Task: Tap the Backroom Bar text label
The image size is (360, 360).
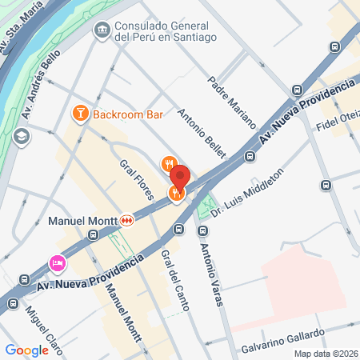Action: [128, 114]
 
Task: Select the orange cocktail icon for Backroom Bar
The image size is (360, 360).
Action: [80, 114]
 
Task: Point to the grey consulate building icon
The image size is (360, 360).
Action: [102, 31]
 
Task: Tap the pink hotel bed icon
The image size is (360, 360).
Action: [58, 262]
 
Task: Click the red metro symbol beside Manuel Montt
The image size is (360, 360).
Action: [127, 220]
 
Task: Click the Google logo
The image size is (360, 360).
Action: [26, 350]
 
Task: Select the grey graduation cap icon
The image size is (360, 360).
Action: [22, 136]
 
